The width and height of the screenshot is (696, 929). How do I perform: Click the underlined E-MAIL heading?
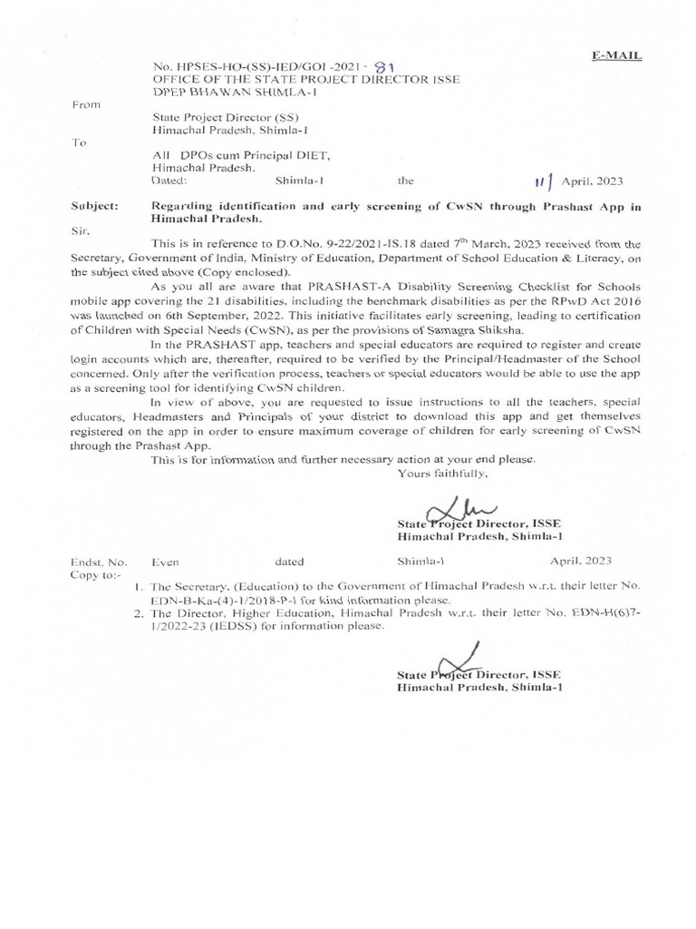click(x=617, y=55)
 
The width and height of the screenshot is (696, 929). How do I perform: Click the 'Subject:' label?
click(x=94, y=207)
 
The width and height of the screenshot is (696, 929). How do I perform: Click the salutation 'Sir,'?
click(x=81, y=230)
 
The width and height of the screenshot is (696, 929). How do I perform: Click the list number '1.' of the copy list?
click(x=138, y=588)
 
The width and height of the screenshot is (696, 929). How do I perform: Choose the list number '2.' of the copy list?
click(x=138, y=614)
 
